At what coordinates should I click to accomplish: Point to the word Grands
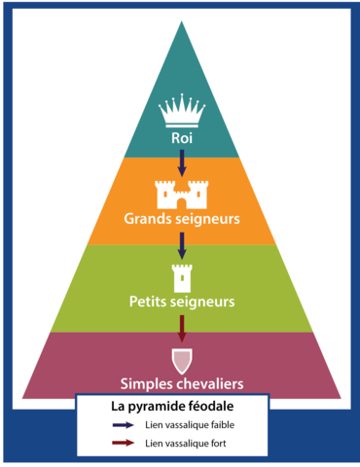(x=150, y=218)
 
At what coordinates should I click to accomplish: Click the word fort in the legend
(x=219, y=444)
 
